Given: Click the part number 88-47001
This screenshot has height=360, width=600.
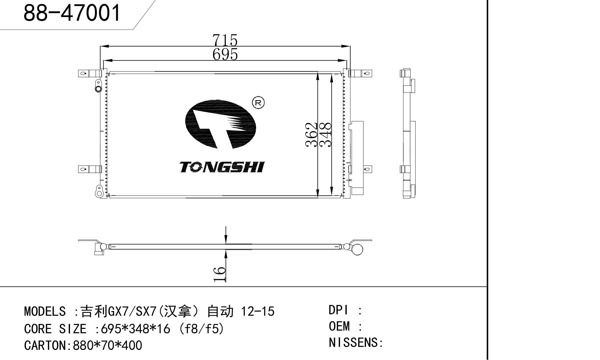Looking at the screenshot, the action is click(x=72, y=13).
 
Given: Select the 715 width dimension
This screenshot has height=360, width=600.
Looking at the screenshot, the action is click(x=225, y=40).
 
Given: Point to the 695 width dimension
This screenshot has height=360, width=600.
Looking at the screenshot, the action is click(x=225, y=54).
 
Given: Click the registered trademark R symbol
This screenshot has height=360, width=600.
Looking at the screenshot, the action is click(x=258, y=103).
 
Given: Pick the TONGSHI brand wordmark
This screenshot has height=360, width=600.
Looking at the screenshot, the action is click(x=222, y=167).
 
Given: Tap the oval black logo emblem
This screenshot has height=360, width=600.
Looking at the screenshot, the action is click(x=221, y=124).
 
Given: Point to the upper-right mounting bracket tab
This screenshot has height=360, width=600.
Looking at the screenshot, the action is click(x=360, y=73).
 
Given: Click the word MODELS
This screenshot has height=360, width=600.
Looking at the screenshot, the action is click(x=45, y=311).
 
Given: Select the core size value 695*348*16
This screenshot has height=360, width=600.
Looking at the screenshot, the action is click(x=136, y=329).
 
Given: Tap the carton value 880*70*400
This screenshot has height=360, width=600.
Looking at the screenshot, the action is click(x=107, y=345).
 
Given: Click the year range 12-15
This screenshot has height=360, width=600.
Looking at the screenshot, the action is click(x=258, y=311).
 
